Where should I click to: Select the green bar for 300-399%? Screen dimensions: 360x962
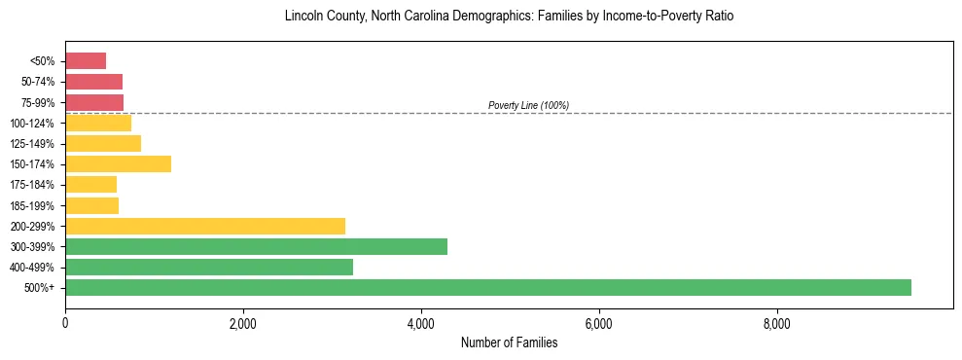click(256, 246)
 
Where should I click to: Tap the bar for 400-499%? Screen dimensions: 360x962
click(209, 267)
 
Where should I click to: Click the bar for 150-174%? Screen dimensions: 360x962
click(118, 163)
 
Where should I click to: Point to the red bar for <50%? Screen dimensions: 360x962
click(86, 60)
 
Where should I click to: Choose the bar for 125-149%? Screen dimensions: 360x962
click(103, 143)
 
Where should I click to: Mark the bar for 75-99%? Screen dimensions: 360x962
click(94, 102)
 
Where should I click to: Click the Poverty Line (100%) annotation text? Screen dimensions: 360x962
click(528, 105)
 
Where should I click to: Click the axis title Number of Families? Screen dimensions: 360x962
click(509, 342)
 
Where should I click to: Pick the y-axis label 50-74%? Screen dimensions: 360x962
click(38, 82)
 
